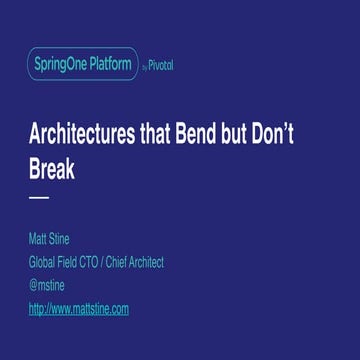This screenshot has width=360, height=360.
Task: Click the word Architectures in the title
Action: (92, 140)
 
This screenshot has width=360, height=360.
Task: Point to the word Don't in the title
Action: (305, 140)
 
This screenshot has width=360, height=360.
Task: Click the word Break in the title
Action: (52, 169)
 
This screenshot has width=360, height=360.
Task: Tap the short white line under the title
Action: (39, 198)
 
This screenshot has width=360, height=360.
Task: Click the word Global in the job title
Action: (45, 263)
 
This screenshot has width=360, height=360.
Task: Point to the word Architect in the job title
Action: (143, 263)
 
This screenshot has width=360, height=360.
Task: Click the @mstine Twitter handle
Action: (47, 286)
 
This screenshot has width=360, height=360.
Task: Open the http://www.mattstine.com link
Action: (79, 309)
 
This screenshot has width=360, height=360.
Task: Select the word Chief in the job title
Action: (116, 263)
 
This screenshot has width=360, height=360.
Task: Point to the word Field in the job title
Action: (72, 263)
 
